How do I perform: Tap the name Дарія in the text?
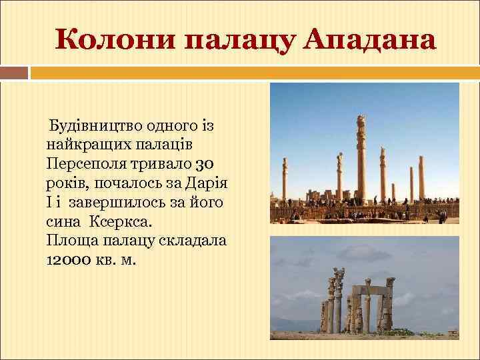pos(208,182)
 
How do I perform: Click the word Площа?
pos(69,239)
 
